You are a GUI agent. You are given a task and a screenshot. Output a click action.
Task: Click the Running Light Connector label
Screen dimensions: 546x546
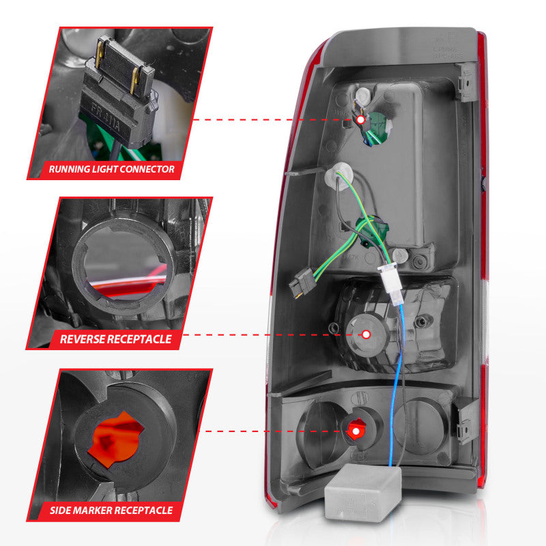click(111, 169)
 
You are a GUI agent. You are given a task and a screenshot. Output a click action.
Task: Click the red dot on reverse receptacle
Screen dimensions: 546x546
click(366, 334)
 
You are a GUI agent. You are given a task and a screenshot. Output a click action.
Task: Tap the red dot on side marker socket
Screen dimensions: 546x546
click(354, 431)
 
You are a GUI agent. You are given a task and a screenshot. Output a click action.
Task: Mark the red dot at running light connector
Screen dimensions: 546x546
click(360, 120)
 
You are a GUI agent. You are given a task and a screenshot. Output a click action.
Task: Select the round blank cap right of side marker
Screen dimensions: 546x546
click(418, 424)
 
